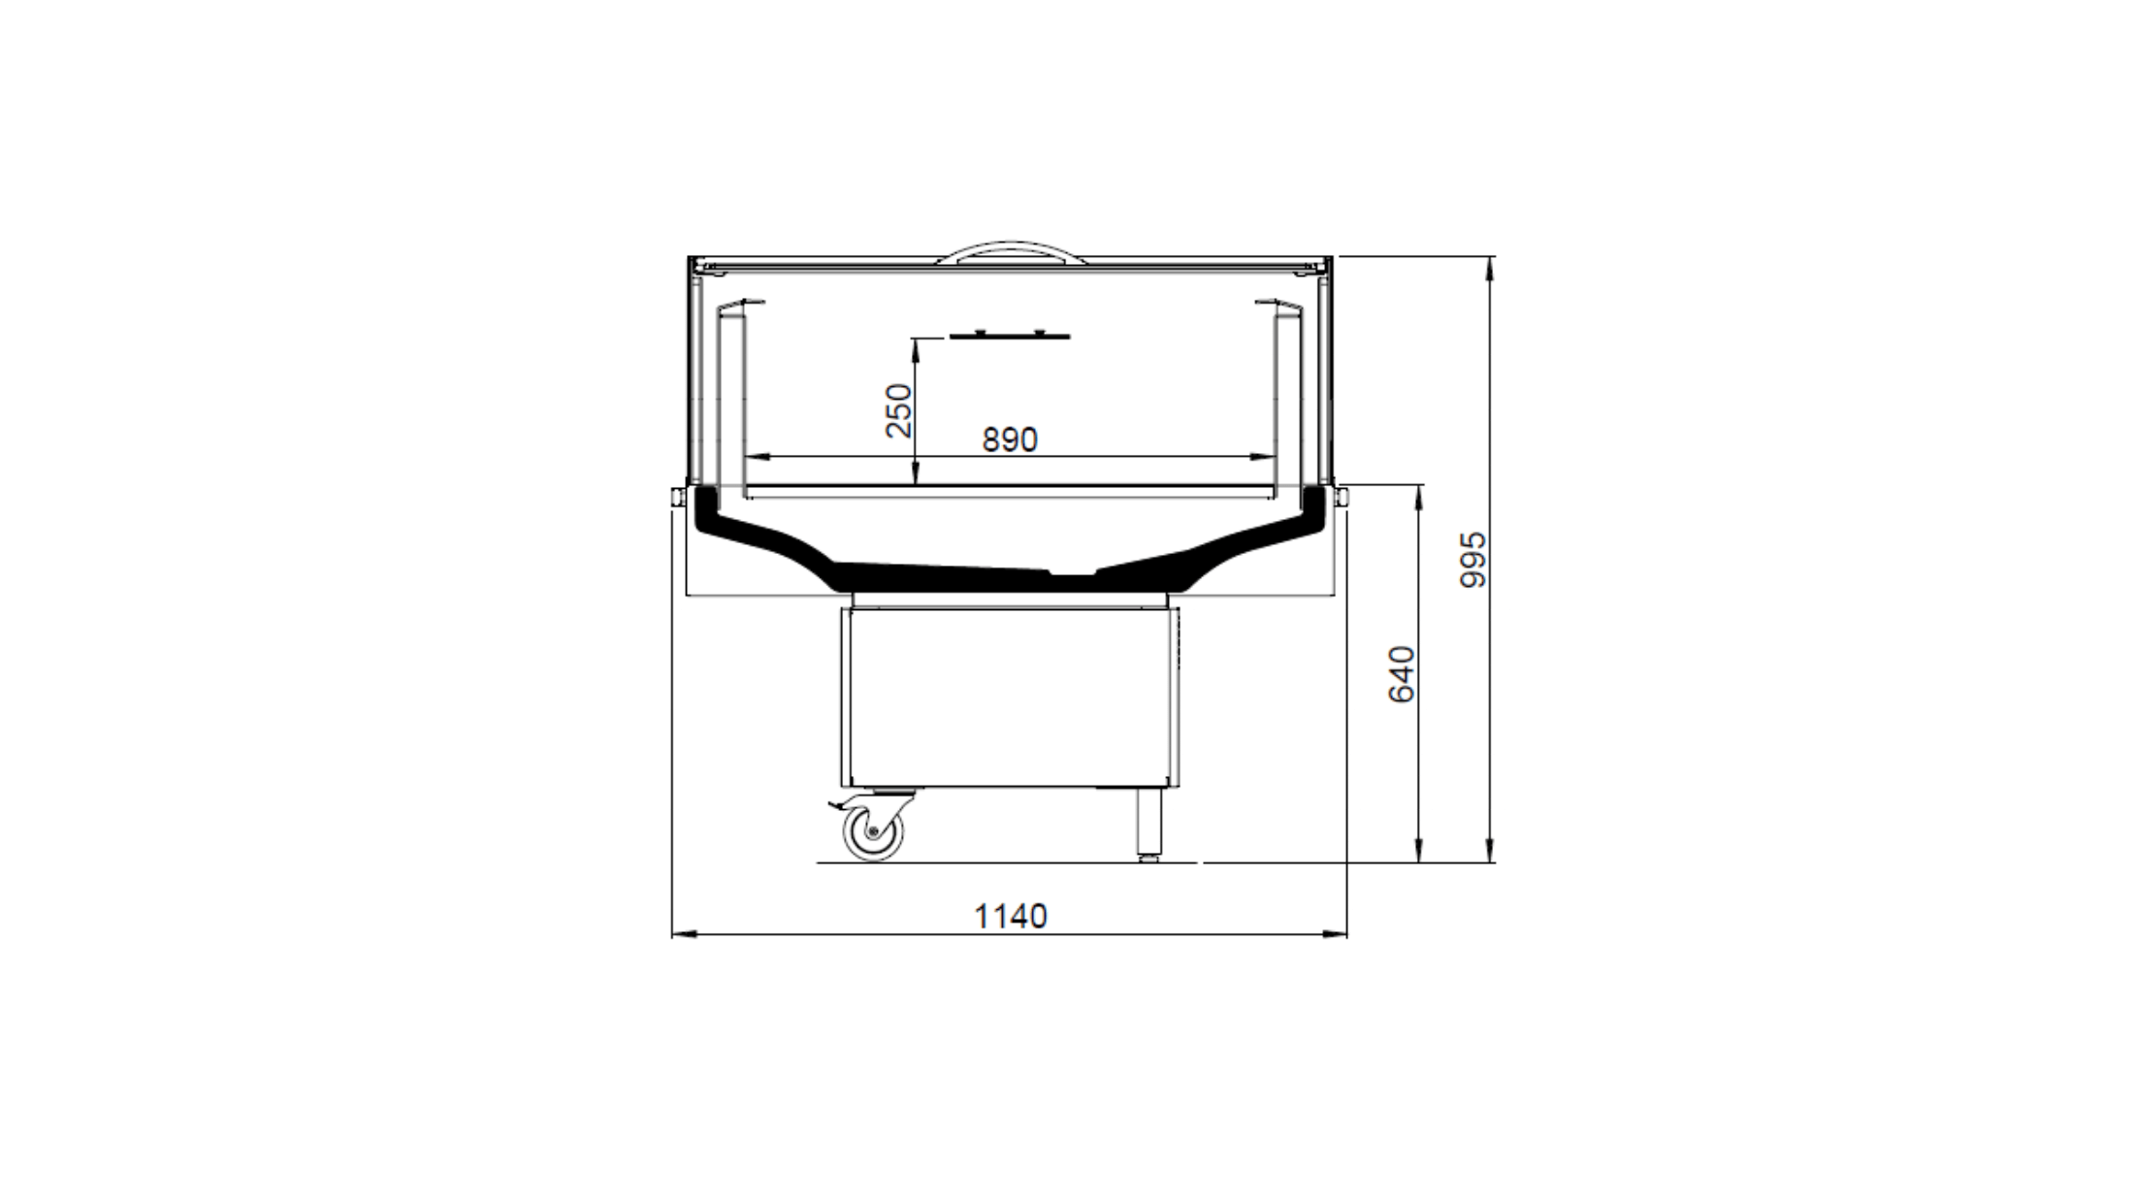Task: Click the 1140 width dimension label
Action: click(1010, 916)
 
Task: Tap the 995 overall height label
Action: click(1472, 559)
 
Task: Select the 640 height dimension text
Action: click(1402, 674)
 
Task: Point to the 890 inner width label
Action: click(1010, 439)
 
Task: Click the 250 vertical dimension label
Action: click(899, 410)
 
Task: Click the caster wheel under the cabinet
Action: click(873, 831)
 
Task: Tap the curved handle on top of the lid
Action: click(1010, 252)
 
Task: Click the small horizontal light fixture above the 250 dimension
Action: click(1010, 336)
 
